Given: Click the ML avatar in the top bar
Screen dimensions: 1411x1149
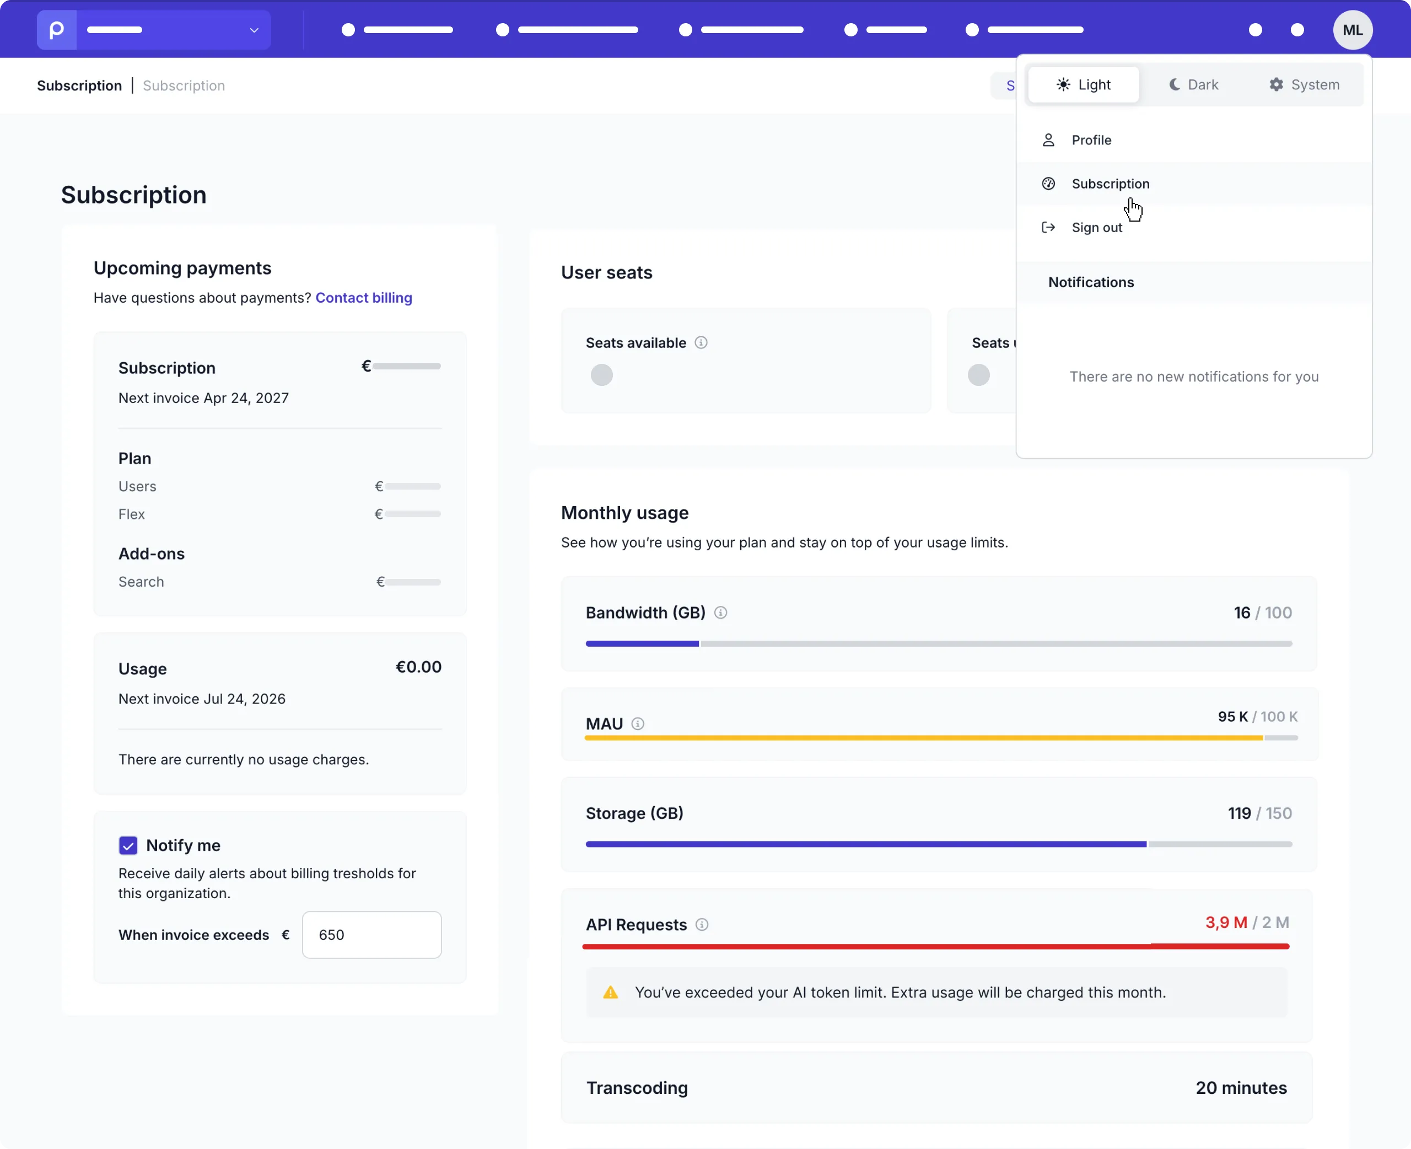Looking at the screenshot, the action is pyautogui.click(x=1352, y=30).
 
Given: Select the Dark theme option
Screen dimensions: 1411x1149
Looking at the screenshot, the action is pyautogui.click(x=1193, y=85).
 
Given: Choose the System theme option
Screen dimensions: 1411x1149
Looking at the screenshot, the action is pyautogui.click(x=1304, y=85).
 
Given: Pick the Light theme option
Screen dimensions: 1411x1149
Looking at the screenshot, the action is pyautogui.click(x=1084, y=85).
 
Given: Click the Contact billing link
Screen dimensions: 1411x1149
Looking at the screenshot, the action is pyautogui.click(x=364, y=298).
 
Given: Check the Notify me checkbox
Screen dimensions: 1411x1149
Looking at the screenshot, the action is pyautogui.click(x=128, y=845).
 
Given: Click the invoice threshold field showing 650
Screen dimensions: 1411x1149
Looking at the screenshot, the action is pyautogui.click(x=372, y=935).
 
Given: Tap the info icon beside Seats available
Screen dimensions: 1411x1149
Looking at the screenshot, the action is pyautogui.click(x=701, y=342).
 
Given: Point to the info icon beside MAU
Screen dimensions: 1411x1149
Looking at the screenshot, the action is pyautogui.click(x=638, y=724).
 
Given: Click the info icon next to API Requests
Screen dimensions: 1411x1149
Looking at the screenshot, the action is pyautogui.click(x=702, y=925).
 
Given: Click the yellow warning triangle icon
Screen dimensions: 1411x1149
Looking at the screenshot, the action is pyautogui.click(x=611, y=992).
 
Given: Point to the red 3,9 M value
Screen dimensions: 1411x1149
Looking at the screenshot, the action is pyautogui.click(x=1226, y=922).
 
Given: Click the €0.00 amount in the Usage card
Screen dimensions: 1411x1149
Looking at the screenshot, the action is pyautogui.click(x=418, y=667).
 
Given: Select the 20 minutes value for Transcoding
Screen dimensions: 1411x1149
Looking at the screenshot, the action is pyautogui.click(x=1241, y=1088).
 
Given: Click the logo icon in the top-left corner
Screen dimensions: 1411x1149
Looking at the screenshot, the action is pyautogui.click(x=57, y=30).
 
